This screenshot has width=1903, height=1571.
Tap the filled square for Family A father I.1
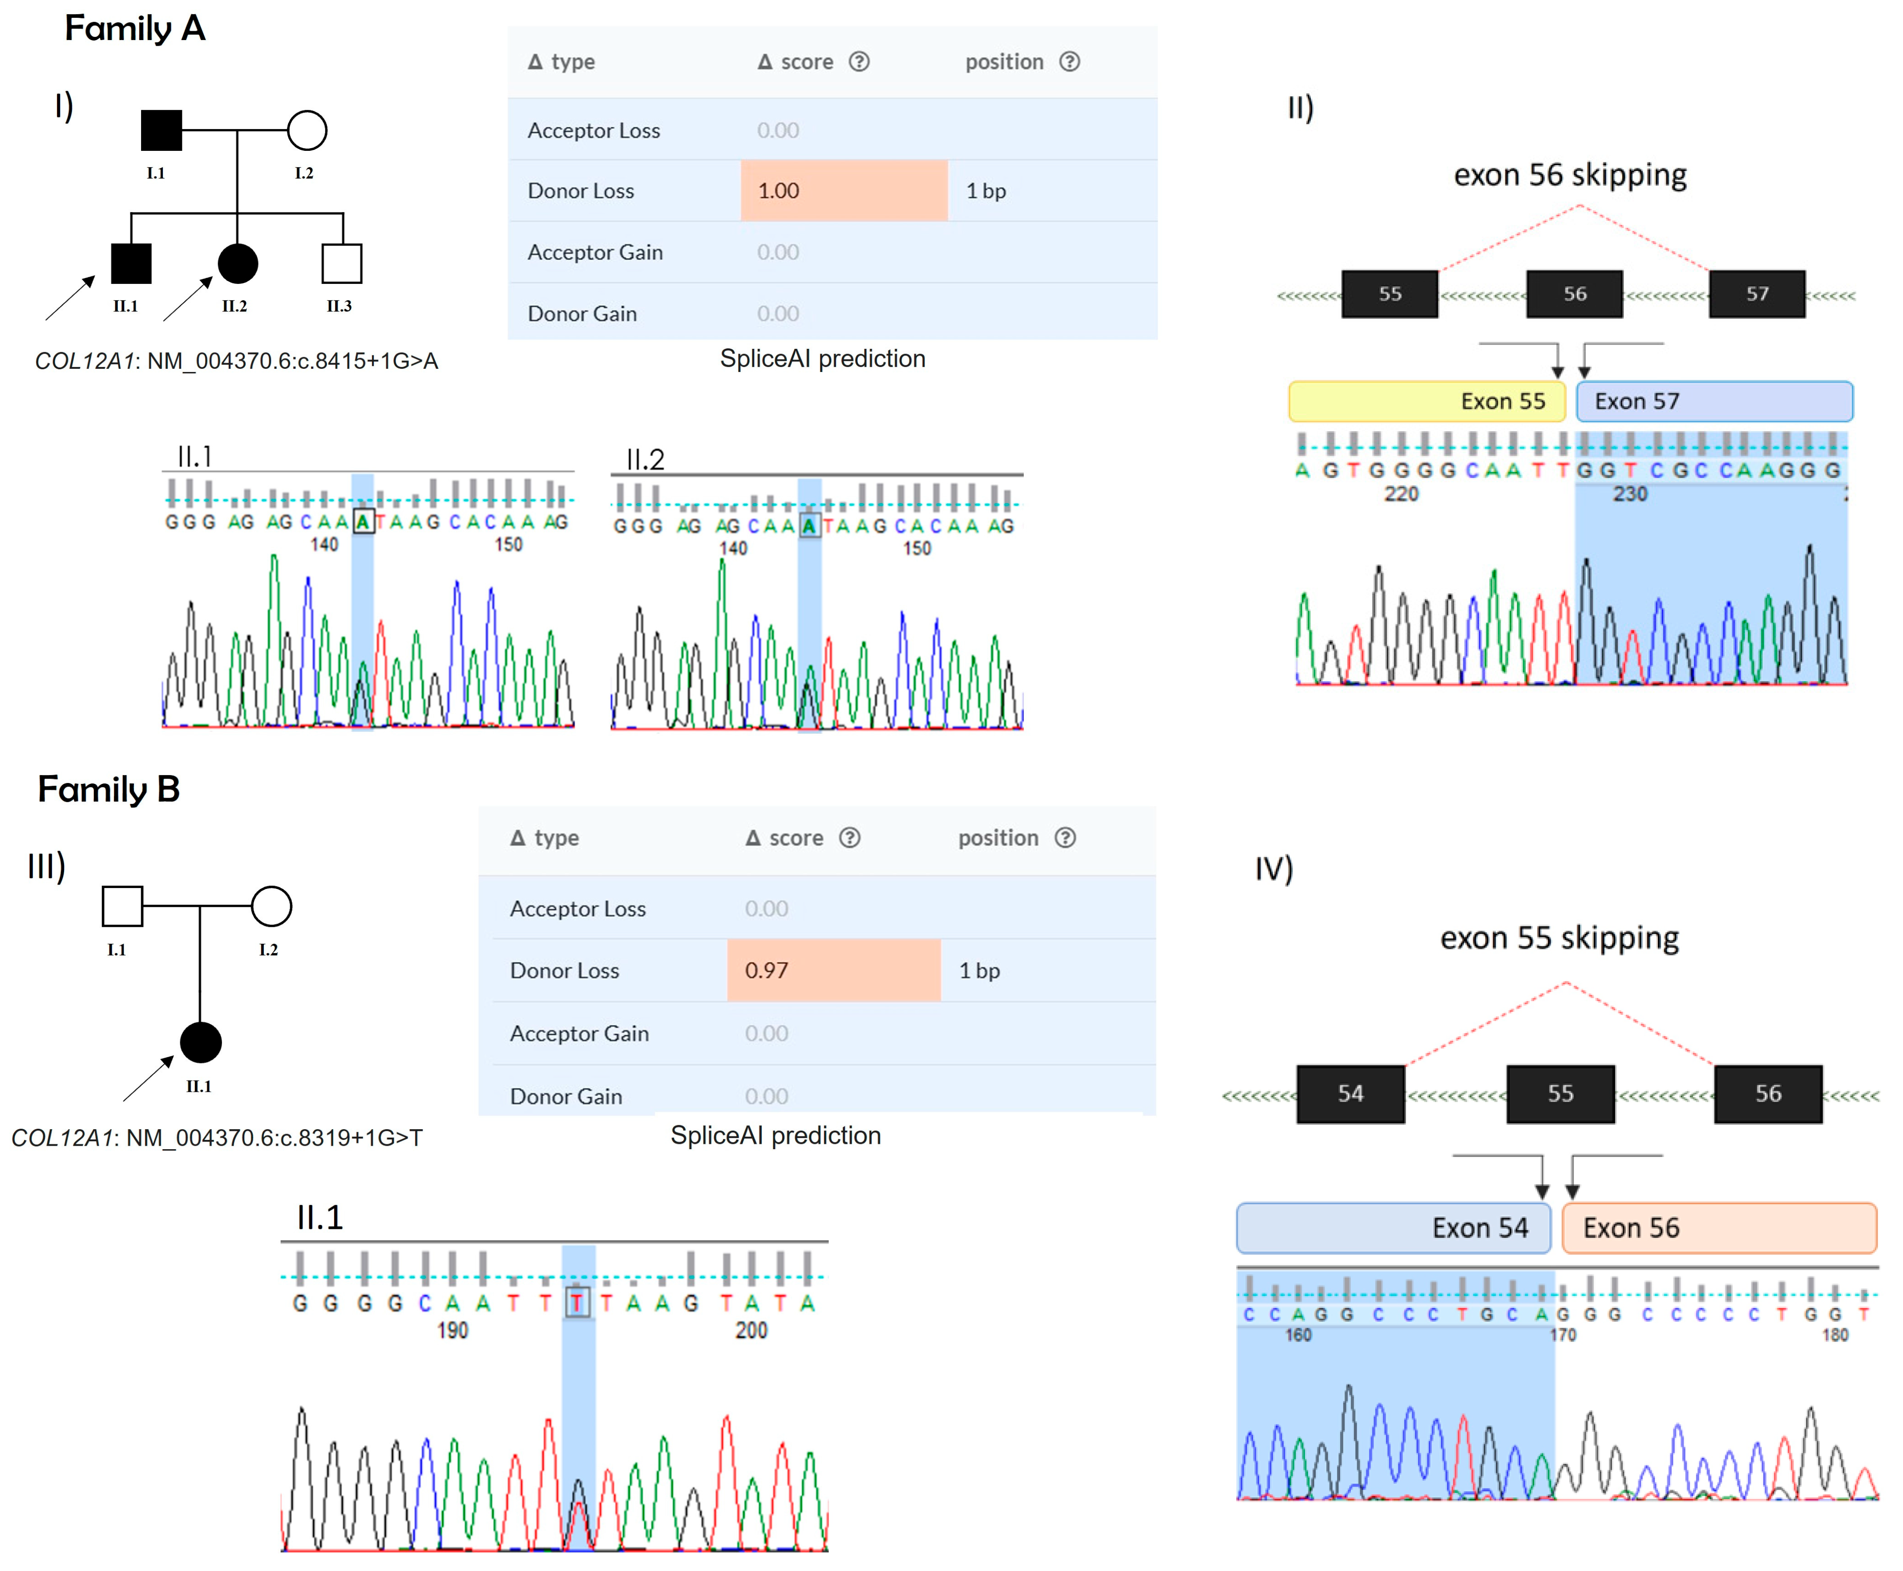[161, 130]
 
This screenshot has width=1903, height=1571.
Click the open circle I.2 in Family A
[307, 130]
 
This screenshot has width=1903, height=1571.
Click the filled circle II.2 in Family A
[238, 263]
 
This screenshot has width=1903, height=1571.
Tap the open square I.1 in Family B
[122, 906]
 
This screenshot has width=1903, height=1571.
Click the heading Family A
[135, 28]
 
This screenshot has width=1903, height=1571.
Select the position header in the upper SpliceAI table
[1003, 61]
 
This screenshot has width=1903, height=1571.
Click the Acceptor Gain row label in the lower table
[579, 1034]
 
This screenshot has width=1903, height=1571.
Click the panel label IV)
[1273, 869]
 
